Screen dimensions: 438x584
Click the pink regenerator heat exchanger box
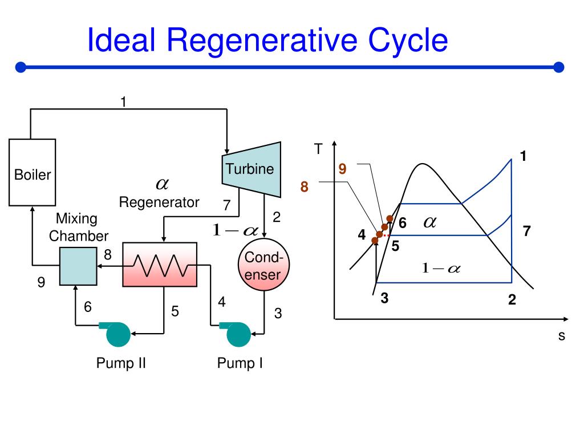(160, 264)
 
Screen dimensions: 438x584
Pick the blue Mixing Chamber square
(78, 266)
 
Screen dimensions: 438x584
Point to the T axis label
(318, 149)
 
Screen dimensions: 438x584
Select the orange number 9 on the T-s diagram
(342, 169)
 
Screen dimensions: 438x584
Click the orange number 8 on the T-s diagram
(305, 186)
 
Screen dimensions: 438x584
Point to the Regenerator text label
(159, 202)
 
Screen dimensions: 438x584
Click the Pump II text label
(121, 363)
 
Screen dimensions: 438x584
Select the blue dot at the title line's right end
(558, 67)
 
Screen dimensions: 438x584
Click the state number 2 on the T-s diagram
(512, 299)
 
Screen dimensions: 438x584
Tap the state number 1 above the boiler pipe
(123, 102)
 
